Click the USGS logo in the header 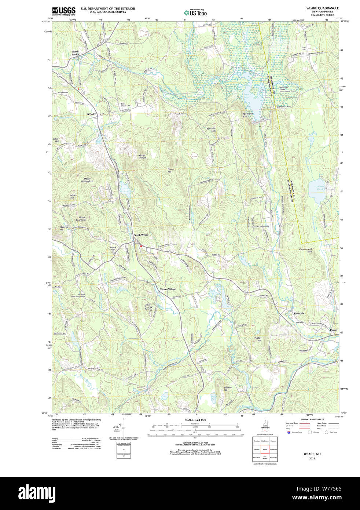coord(64,11)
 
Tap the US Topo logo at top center coord(195,12)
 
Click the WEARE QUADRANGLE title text coord(322,8)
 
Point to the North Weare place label coord(75,53)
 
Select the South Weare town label coord(141,235)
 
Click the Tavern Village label coord(168,289)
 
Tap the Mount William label coord(142,156)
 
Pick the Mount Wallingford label coord(87,180)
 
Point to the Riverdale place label coord(299,313)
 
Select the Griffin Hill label coord(258,339)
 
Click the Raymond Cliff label coord(248,115)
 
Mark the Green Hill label coord(171,171)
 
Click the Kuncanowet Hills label coord(305,250)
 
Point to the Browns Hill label coord(228,389)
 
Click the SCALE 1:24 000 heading coord(195,420)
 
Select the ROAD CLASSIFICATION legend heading coord(312,419)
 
